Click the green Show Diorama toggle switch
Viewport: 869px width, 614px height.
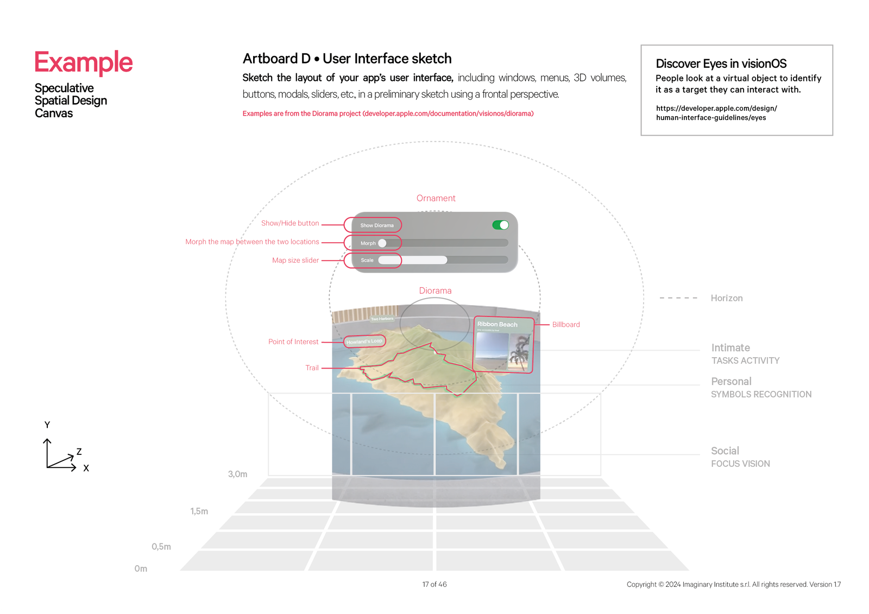[x=500, y=225]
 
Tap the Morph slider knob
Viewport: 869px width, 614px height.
[x=382, y=243]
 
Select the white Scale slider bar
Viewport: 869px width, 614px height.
[x=413, y=260]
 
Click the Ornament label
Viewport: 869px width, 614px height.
[x=436, y=198]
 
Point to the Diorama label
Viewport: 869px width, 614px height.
[x=435, y=290]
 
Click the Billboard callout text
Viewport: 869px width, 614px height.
[x=566, y=324]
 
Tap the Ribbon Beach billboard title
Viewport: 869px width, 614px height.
[x=497, y=324]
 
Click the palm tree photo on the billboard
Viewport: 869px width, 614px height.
[x=520, y=351]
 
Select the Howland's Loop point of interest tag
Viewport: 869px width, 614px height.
[x=364, y=341]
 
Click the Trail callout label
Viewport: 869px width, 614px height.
[x=312, y=368]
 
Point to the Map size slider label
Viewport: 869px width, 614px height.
[x=295, y=260]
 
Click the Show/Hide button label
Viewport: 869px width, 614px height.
[x=290, y=223]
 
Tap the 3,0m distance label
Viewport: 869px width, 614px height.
[x=237, y=474]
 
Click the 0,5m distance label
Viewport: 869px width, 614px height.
[x=161, y=547]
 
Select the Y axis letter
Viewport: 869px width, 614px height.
[x=47, y=425]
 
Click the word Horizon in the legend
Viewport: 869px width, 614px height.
[x=726, y=298]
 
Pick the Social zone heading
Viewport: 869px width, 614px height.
[x=725, y=451]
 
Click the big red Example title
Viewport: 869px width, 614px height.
[x=84, y=62]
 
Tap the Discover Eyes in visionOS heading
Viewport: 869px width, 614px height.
[x=721, y=64]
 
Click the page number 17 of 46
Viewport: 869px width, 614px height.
[x=434, y=584]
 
